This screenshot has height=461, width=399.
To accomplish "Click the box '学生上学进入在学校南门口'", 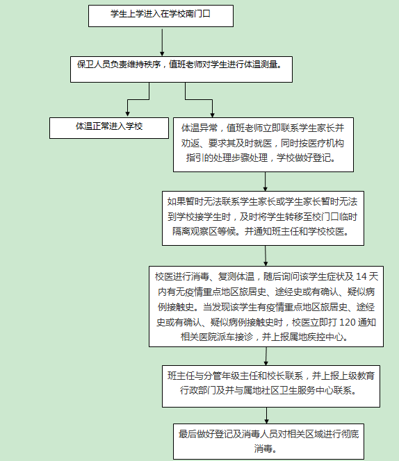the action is [x=161, y=16].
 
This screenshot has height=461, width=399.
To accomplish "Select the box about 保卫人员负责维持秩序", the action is [x=181, y=69].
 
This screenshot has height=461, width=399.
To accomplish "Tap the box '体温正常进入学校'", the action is [x=109, y=128].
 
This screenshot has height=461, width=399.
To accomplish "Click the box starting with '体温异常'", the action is [x=263, y=144].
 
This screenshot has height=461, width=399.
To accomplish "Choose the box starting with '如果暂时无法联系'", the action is [x=263, y=218].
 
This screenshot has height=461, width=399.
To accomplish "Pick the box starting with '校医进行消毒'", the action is [x=266, y=306].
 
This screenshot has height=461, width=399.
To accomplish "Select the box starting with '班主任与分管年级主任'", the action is [x=271, y=386].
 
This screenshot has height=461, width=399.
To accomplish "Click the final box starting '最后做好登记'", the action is [x=268, y=442].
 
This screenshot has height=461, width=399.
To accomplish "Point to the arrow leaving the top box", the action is [x=162, y=42].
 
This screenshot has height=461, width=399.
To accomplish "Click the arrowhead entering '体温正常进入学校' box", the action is [x=127, y=114].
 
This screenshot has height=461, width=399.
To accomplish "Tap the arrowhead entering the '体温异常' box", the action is [x=212, y=115].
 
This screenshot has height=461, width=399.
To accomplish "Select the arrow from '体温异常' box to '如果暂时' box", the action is [x=265, y=182].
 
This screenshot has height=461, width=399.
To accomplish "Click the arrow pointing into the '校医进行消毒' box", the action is [x=266, y=255].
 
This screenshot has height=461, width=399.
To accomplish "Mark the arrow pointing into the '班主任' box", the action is [x=266, y=356].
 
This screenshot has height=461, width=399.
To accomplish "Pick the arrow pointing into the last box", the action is [x=266, y=415].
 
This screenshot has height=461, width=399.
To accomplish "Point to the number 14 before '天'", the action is [x=361, y=276].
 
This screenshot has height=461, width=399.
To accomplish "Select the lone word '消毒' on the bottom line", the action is [x=263, y=449].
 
